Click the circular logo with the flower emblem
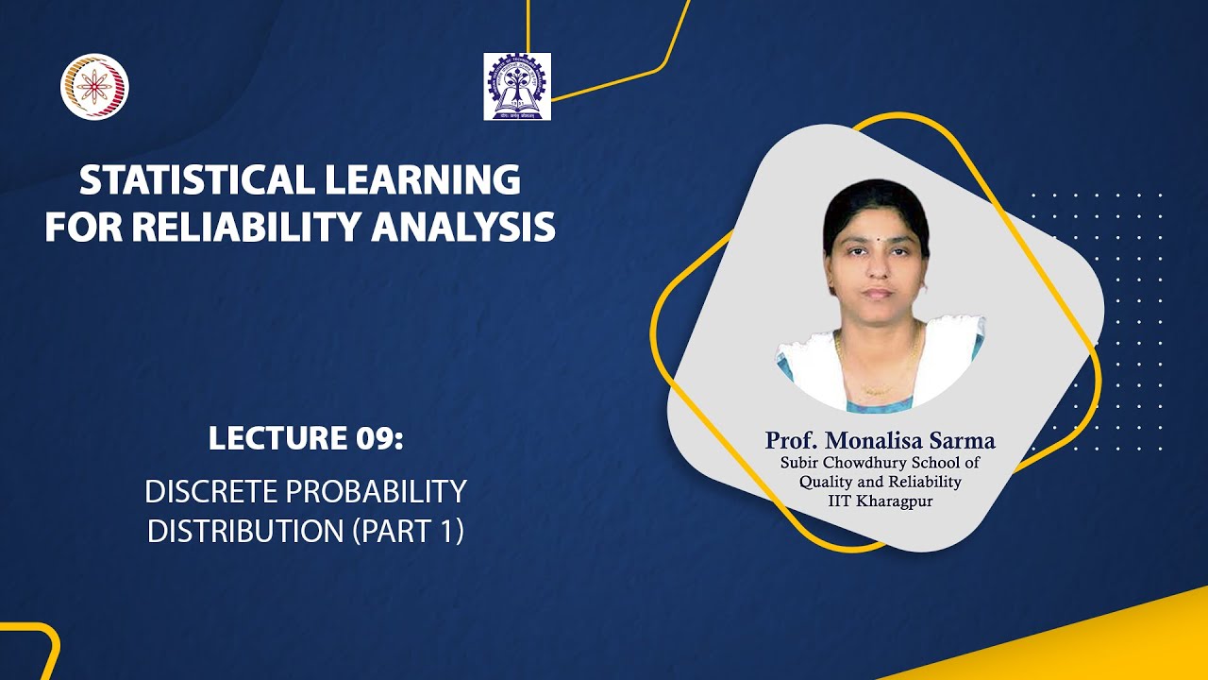tap(95, 86)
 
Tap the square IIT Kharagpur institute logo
tap(517, 86)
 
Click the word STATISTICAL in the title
tap(197, 179)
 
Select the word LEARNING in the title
tap(423, 179)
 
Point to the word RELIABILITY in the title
tap(245, 227)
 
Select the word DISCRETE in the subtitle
tap(210, 492)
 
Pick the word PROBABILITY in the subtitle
tap(376, 492)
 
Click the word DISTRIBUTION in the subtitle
tap(245, 531)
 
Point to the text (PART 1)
tap(408, 531)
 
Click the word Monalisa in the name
tap(874, 440)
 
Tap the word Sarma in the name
tap(962, 440)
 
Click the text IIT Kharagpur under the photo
tap(881, 501)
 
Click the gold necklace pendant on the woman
tap(878, 390)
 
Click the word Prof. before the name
tap(792, 440)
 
